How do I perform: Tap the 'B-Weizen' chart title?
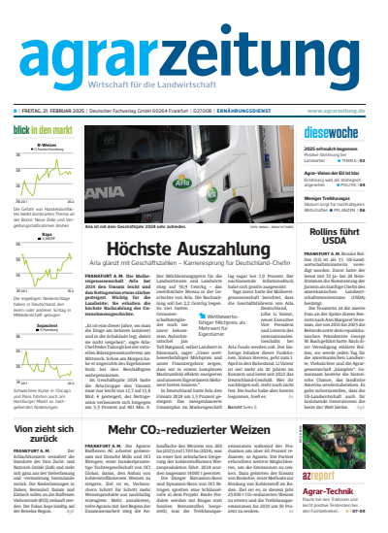(46, 145)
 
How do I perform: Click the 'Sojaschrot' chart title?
(46, 325)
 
